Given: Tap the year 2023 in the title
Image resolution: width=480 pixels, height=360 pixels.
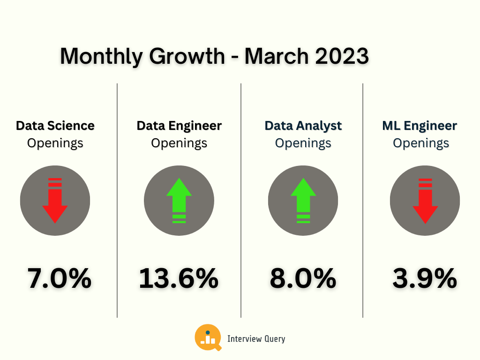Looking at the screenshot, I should (342, 57).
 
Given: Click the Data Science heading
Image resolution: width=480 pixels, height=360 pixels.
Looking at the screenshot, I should (55, 126).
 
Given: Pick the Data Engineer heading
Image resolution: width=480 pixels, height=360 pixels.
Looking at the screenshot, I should (179, 126).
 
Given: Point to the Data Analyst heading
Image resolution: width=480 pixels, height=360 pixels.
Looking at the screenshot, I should (303, 126).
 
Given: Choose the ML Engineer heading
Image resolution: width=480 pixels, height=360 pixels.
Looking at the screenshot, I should (420, 126).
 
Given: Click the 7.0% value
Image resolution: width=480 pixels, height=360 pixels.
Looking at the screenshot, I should (59, 278).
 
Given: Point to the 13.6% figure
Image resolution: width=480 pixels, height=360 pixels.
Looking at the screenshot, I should (179, 278).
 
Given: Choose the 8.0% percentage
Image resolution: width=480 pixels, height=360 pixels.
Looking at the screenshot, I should (303, 278).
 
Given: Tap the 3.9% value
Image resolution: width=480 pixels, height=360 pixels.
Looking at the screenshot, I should (425, 278).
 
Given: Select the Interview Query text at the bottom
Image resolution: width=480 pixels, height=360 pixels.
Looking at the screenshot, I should (256, 338).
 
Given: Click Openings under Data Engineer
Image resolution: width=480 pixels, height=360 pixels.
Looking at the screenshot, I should (179, 143).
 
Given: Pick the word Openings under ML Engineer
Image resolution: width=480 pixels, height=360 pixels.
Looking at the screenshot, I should (421, 143).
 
